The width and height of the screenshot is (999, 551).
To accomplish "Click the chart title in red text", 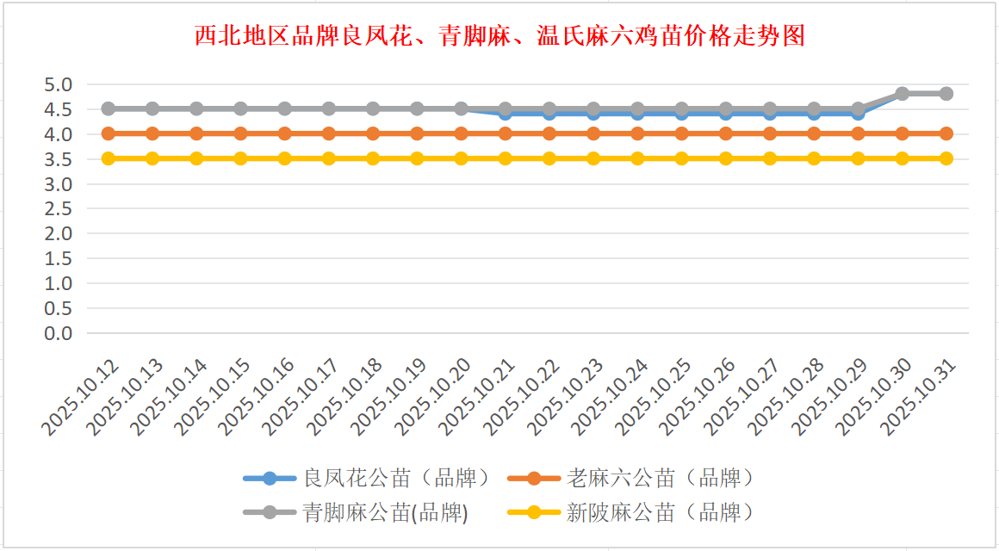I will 499,36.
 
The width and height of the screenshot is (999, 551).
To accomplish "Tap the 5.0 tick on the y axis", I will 59,84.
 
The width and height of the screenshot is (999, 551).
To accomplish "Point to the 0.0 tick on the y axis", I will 59,333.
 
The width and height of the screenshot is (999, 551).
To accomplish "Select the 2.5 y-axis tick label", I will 59,208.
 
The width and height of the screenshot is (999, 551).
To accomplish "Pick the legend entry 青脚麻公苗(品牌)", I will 385,513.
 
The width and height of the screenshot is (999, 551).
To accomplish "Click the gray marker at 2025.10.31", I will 946,93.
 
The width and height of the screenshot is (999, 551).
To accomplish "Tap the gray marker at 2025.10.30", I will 902,93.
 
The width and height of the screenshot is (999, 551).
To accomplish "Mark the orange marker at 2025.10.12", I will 109,133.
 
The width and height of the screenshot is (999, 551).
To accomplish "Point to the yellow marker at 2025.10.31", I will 946,158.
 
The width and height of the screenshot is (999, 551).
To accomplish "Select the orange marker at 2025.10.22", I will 549,133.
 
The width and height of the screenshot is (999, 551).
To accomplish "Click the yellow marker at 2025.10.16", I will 285,158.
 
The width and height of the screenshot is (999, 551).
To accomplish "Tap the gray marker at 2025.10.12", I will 109,108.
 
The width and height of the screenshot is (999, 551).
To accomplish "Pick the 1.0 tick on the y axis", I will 59,283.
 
